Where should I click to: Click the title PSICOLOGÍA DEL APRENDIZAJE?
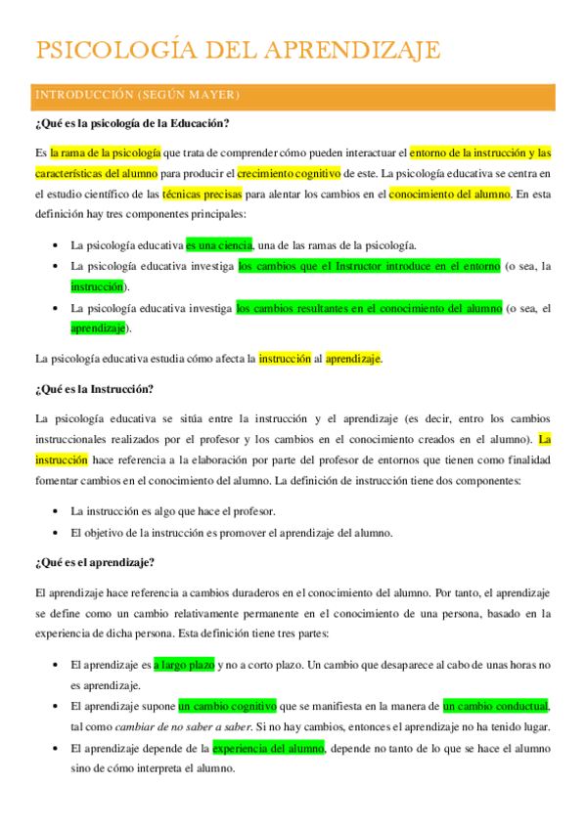pos(238,50)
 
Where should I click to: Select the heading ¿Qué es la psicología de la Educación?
pos(132,123)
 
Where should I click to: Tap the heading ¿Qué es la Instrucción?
pos(94,388)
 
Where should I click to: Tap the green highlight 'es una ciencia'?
pos(219,244)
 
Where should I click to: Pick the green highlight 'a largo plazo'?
pos(184,665)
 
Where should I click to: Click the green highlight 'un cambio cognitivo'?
pos(228,706)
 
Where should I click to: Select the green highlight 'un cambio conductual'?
pos(495,706)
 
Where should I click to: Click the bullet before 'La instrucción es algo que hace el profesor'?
pos(53,511)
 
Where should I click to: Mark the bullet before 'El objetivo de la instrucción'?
pos(53,533)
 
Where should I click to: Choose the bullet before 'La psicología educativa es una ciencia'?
pos(53,244)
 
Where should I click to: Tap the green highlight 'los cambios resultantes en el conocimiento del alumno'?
pos(369,308)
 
